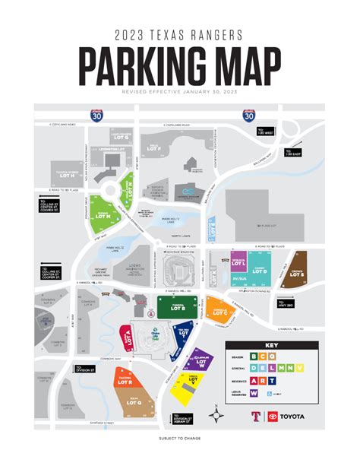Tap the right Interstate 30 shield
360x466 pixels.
[248, 116]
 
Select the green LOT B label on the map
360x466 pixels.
[176, 308]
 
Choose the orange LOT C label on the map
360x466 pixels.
[221, 311]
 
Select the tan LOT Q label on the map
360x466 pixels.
[136, 398]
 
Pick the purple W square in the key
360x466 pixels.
[253, 393]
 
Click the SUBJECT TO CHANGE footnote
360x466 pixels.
[180, 439]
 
